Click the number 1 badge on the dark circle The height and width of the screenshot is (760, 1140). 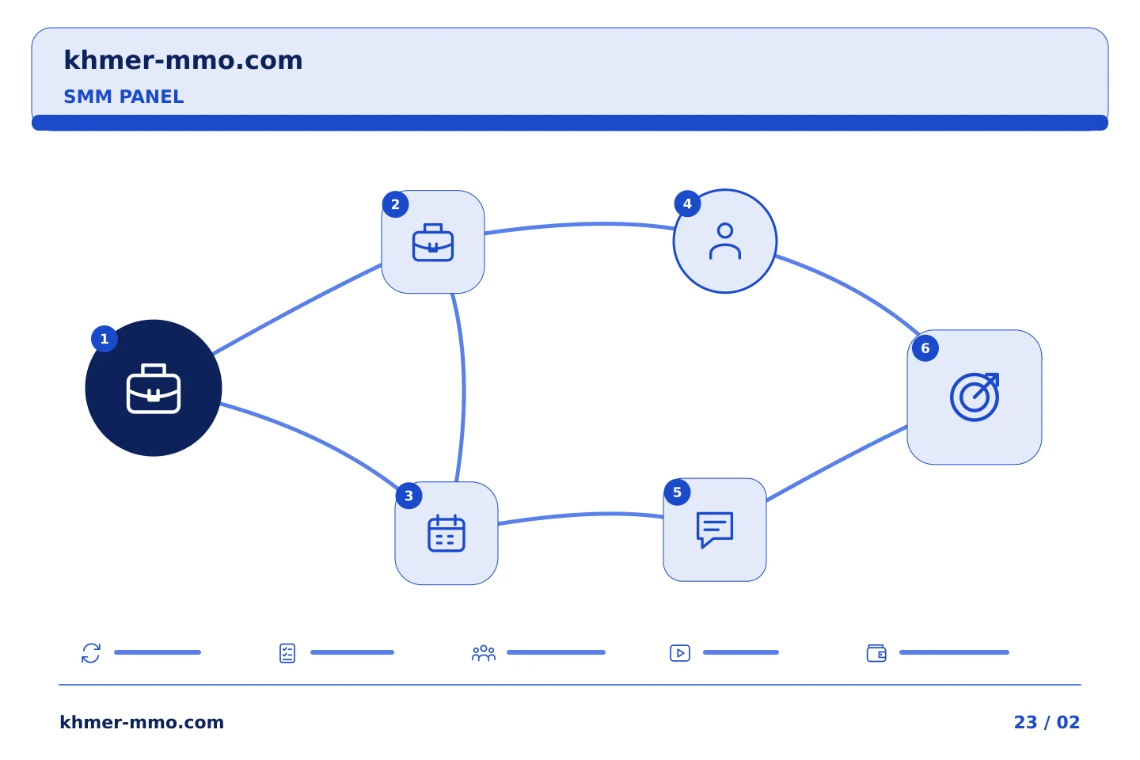(104, 339)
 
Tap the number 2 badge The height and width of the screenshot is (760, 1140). (396, 204)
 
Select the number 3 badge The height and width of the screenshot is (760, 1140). (408, 496)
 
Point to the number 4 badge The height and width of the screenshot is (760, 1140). (687, 203)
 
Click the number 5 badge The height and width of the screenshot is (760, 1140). (678, 492)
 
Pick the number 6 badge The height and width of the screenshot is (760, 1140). (925, 348)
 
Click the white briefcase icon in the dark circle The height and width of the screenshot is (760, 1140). (154, 389)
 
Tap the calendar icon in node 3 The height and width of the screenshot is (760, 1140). (446, 533)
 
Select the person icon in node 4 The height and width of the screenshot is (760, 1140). (725, 241)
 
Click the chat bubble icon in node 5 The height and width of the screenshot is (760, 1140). (715, 530)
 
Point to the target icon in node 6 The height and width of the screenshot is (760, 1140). (975, 397)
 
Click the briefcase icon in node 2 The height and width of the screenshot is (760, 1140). (433, 242)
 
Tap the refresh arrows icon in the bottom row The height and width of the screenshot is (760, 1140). (91, 653)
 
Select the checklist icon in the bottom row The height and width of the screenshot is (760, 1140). (287, 653)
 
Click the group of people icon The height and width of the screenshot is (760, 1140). (484, 653)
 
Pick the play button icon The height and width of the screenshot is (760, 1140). (680, 653)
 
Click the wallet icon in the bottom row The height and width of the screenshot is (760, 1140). (876, 653)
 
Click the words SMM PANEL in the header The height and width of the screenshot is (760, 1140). (123, 97)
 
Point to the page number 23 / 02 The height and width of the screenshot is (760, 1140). (1047, 722)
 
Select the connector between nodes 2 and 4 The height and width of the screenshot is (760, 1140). (579, 225)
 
